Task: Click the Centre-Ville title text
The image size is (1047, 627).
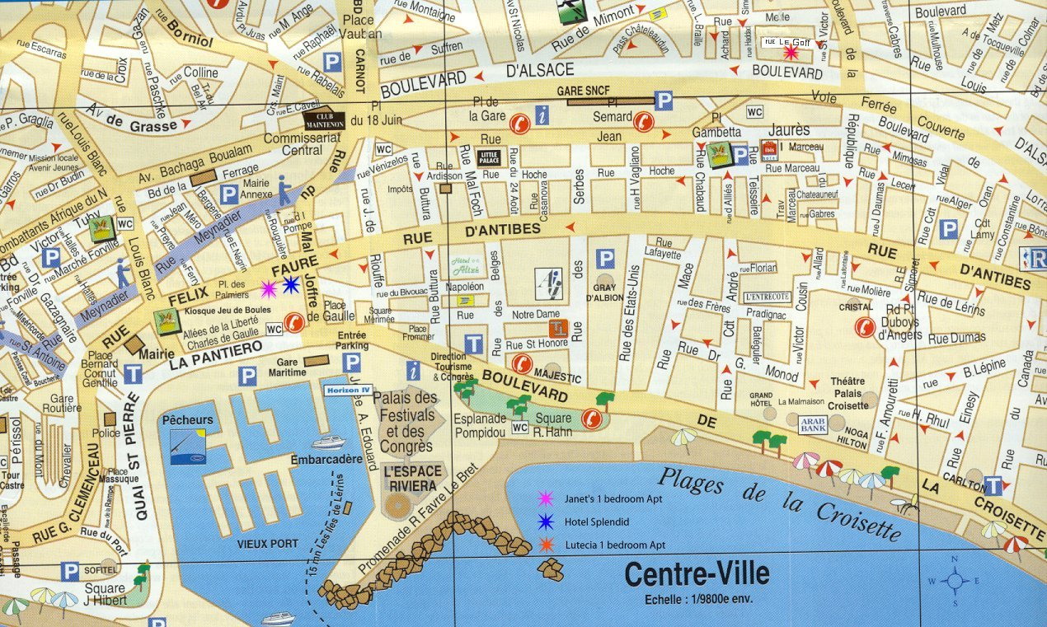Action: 697,573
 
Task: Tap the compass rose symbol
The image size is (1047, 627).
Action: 955,581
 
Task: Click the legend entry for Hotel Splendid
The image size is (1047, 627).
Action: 596,522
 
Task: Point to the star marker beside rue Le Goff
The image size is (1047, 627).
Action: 791,53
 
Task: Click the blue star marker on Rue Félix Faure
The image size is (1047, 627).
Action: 290,285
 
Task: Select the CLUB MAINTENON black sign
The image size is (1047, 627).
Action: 324,121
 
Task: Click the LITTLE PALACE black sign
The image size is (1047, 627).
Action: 488,157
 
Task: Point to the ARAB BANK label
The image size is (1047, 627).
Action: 812,424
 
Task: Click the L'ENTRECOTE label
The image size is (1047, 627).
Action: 767,297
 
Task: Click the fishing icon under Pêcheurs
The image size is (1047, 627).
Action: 188,446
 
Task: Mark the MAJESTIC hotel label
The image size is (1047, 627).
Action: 558,379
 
